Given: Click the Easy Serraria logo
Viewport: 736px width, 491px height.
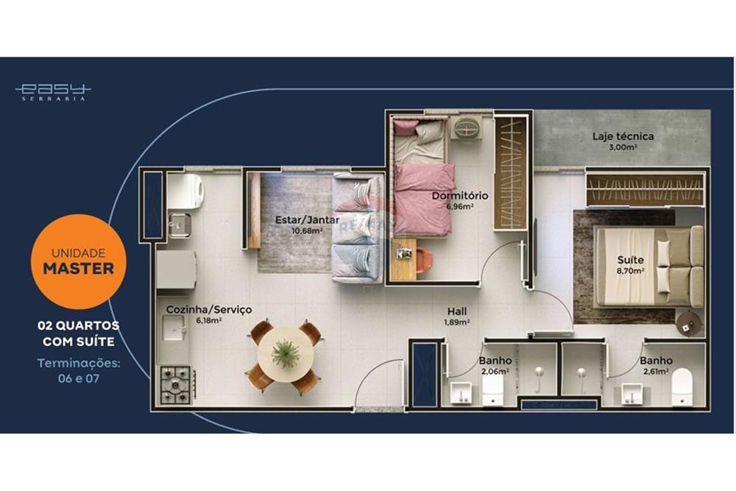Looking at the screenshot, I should (x=53, y=91).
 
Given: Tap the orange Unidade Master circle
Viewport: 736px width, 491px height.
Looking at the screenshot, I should (x=79, y=261).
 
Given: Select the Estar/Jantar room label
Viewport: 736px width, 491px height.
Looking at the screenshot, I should (x=307, y=224).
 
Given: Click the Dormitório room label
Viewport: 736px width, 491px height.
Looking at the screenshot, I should (x=459, y=199).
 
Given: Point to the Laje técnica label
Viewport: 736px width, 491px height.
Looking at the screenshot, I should (x=623, y=140).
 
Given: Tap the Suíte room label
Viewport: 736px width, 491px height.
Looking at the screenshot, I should (x=631, y=264).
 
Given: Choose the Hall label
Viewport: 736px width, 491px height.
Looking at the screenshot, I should (x=456, y=316).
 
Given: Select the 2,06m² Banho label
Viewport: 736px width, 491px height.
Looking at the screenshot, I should (x=495, y=365).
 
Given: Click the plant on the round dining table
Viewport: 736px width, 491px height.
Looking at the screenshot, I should (x=286, y=355).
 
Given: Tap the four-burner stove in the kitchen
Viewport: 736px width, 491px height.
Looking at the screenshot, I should (x=177, y=383).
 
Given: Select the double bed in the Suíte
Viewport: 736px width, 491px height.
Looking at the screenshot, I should (x=648, y=265).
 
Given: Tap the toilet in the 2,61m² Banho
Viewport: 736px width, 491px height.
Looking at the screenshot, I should (x=682, y=385).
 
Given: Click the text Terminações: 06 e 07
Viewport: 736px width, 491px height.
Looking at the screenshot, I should (x=79, y=370).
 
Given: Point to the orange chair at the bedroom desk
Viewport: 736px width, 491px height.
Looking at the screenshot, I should (x=425, y=260).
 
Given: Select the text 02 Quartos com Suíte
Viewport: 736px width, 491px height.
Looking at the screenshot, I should (x=79, y=333).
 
